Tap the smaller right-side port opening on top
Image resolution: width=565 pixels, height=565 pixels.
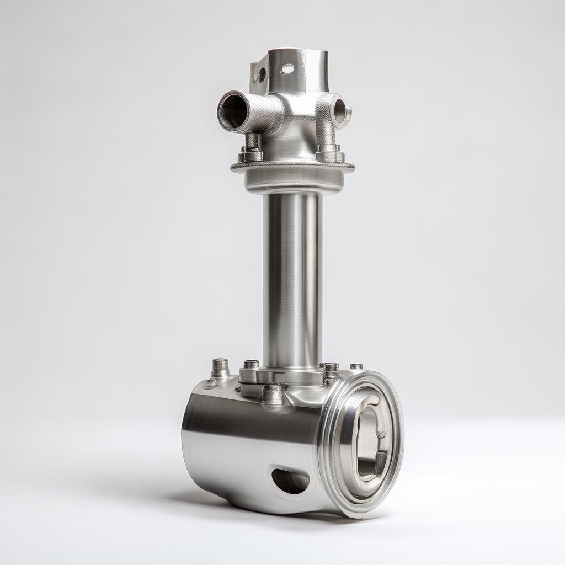(339, 109)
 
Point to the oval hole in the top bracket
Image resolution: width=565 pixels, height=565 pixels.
(287, 69)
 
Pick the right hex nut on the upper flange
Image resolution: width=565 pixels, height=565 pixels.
(329, 152)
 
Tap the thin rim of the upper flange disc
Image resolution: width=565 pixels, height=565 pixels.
(292, 166)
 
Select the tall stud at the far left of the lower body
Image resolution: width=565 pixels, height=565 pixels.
(220, 368)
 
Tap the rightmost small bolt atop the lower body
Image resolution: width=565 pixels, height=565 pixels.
(356, 366)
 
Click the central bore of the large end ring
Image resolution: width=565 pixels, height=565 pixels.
(369, 441)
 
